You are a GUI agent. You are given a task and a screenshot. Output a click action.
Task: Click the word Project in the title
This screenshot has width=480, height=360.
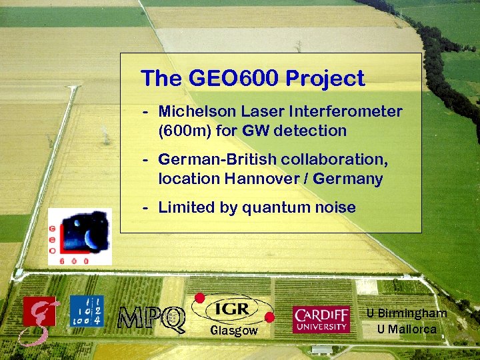[x=325, y=79]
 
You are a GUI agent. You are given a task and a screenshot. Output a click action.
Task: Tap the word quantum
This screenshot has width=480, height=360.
[x=278, y=208]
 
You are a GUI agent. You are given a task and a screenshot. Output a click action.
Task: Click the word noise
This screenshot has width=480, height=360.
[x=336, y=208]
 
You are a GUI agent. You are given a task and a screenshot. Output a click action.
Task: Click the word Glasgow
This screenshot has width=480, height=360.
[x=233, y=331]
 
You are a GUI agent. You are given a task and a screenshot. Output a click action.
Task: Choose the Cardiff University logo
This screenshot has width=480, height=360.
[x=321, y=319]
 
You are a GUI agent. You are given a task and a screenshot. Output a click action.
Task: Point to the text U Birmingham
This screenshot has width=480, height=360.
[x=407, y=313]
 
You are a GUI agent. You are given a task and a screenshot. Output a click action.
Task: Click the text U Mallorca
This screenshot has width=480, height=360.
[x=407, y=329]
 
